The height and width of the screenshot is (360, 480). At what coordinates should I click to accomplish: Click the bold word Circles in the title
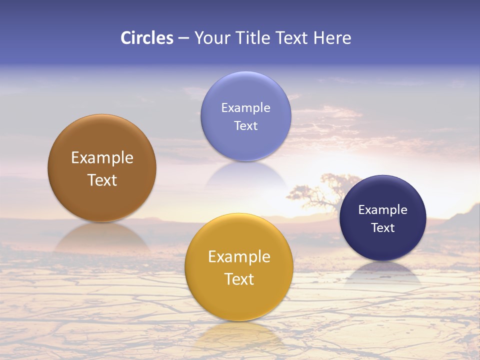click(146, 38)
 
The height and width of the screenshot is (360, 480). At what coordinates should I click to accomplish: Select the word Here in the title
click(332, 38)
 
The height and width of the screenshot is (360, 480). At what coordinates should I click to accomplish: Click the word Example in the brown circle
click(102, 158)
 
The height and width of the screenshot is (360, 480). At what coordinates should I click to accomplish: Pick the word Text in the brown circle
click(102, 180)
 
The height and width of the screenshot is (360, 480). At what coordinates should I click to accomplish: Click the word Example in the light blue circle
click(245, 108)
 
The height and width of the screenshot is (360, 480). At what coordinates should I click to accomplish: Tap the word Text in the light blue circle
click(245, 126)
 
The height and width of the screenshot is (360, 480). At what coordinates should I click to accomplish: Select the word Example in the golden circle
click(239, 257)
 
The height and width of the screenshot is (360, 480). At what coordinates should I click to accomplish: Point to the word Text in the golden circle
click(239, 279)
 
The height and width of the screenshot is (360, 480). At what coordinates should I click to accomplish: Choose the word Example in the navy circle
click(382, 210)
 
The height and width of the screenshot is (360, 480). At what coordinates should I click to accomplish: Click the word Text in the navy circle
click(382, 228)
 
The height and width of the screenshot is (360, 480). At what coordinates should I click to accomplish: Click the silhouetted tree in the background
click(325, 192)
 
